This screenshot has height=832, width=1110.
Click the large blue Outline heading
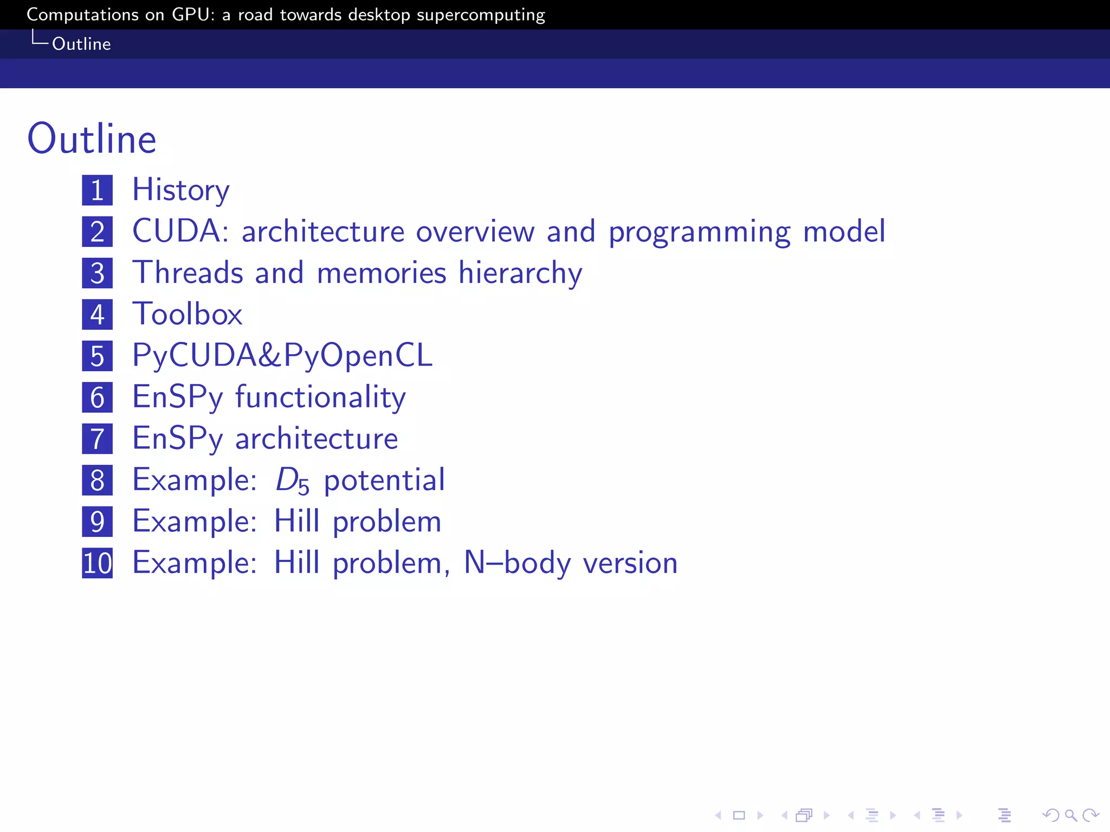[x=92, y=139]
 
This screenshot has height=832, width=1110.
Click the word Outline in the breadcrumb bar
[x=81, y=44]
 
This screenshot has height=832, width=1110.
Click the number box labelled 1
[x=98, y=190]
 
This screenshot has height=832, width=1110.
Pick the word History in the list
[x=181, y=190]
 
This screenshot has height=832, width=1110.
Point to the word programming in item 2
[x=699, y=232]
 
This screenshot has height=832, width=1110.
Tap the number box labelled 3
[x=98, y=273]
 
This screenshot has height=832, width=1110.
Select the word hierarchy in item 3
[x=520, y=273]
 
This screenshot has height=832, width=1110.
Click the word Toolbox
[x=188, y=314]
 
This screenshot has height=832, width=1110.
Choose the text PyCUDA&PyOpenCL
[x=282, y=356]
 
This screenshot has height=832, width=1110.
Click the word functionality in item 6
[x=320, y=398]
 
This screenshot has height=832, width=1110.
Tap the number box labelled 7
[x=98, y=439]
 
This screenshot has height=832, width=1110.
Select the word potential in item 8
[x=384, y=480]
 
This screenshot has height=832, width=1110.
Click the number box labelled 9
[x=98, y=522]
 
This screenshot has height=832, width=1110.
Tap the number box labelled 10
[x=98, y=563]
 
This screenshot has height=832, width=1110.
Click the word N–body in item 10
[x=518, y=563]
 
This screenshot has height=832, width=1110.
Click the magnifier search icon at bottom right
[x=1070, y=815]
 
